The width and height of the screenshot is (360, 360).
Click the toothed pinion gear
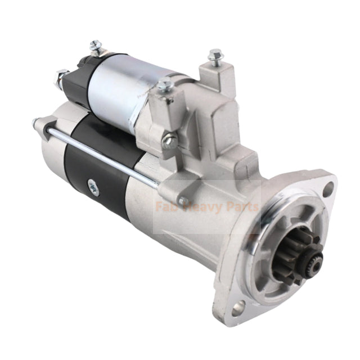(303, 248)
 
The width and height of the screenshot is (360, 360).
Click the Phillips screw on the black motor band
(92, 189)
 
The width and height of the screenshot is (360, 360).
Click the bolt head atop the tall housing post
(215, 55)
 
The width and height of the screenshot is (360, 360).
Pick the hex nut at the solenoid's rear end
(61, 76)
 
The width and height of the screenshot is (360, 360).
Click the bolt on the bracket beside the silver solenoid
(165, 85)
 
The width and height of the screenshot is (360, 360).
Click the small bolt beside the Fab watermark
(181, 200)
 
